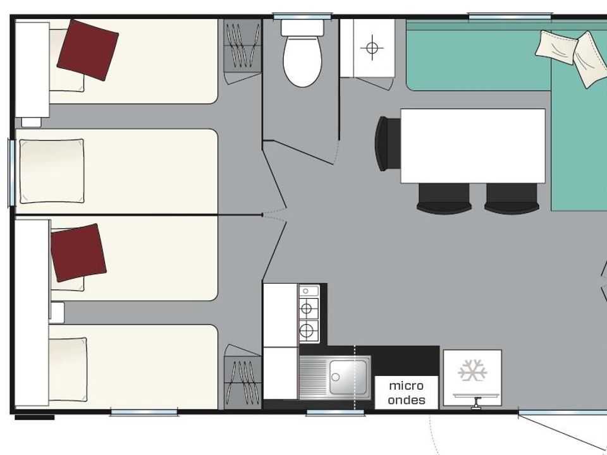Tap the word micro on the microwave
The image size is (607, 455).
tap(406, 385)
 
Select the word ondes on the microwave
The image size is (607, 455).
tap(407, 399)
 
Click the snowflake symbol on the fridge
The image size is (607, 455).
tap(472, 370)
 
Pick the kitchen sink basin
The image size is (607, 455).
tap(348, 377)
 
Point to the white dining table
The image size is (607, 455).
tap(473, 146)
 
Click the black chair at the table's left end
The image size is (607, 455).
tap(388, 143)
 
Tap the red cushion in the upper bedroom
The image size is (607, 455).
tap(88, 51)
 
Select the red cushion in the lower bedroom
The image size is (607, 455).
tap(78, 253)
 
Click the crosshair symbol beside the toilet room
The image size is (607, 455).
tap(372, 48)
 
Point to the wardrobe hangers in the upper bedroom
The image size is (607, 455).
tap(242, 45)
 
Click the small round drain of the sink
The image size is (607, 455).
tap(336, 377)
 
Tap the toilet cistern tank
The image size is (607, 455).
tap(302, 28)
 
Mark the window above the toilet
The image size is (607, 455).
tap(303, 16)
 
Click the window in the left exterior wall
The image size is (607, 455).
tap(11, 173)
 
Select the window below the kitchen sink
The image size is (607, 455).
tap(335, 413)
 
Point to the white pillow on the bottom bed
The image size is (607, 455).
tap(68, 370)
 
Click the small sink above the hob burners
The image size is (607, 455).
tap(309, 291)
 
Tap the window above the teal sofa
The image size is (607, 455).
tap(510, 16)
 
